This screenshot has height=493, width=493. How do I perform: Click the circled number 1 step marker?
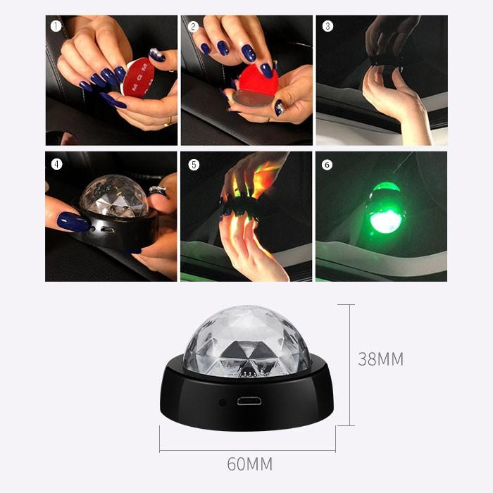coord(56,27)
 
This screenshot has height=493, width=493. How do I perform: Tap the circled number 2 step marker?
coord(193,27)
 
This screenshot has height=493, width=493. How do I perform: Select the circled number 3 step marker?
coord(327,26)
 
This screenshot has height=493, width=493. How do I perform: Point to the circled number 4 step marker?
coord(56,164)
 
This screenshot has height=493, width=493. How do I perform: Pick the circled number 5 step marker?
coord(194,165)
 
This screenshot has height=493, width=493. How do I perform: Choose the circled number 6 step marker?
coord(327,165)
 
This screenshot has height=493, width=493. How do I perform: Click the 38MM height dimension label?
coord(381,359)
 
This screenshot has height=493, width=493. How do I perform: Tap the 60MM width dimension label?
coord(249,463)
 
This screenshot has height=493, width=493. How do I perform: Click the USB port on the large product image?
coord(249,401)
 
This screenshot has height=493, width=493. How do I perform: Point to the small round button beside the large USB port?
coord(223,402)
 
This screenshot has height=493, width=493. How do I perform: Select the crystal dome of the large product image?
coord(246,341)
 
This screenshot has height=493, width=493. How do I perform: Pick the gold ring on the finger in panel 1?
coord(170,121)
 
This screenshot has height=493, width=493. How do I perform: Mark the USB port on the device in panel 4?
coord(108,230)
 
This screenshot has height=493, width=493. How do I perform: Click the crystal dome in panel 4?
coord(114,196)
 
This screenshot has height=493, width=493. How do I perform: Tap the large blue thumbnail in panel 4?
coord(73,221)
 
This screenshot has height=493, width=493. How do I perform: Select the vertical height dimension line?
coord(349,365)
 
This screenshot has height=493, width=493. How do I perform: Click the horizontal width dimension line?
coord(247,451)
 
